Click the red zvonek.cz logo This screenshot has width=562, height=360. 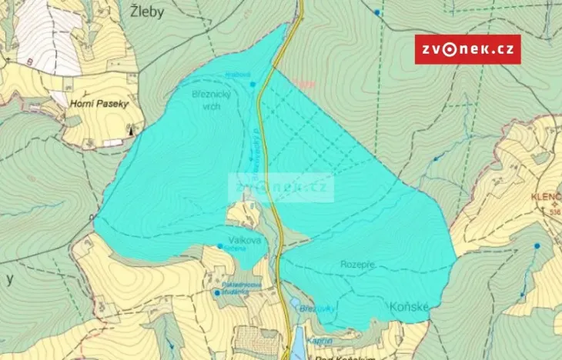tap(467, 49)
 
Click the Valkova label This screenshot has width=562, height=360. tap(244, 241)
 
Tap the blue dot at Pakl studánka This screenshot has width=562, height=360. tap(216, 292)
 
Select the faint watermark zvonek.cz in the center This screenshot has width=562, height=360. tap(281, 186)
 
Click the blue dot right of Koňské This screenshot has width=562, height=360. tap(537, 246)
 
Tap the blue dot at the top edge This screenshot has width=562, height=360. tap(376, 12)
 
